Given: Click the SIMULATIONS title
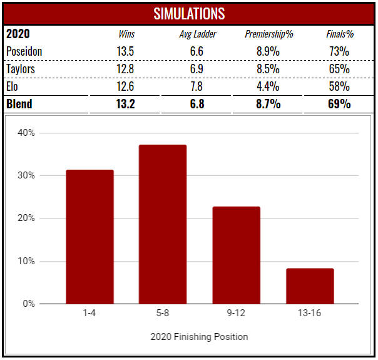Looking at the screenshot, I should point(188,13).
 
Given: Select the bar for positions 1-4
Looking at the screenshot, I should point(90,237).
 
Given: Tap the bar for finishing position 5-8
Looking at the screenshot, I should point(163,224).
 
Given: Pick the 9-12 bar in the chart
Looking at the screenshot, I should point(237,255).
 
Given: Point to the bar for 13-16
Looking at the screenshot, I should point(310,286).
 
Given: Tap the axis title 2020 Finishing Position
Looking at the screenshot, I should point(199,337).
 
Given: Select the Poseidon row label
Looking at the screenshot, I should point(24,51).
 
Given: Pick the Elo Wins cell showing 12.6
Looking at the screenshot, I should point(126,86).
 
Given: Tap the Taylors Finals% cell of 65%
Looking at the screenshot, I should point(339,68).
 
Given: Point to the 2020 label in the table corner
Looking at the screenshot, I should point(18,34).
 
